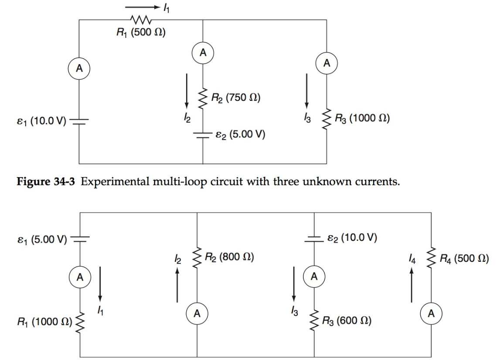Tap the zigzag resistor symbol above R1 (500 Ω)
[x=140, y=20]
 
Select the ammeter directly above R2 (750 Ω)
[x=203, y=53]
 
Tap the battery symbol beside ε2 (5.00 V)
[x=203, y=134]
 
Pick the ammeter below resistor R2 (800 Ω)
[x=197, y=313]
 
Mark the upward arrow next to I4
[x=411, y=286]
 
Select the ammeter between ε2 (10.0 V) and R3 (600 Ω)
[x=314, y=277]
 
